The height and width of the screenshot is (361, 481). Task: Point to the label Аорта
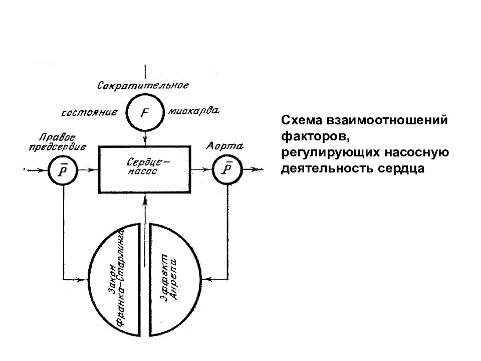(x=225, y=145)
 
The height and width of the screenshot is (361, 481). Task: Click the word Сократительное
(x=143, y=85)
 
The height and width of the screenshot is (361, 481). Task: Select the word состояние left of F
(x=89, y=113)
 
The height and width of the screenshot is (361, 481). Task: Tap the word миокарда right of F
(x=193, y=110)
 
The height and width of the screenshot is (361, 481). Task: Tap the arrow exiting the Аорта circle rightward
(x=253, y=169)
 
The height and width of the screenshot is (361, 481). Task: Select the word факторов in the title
(x=315, y=136)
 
